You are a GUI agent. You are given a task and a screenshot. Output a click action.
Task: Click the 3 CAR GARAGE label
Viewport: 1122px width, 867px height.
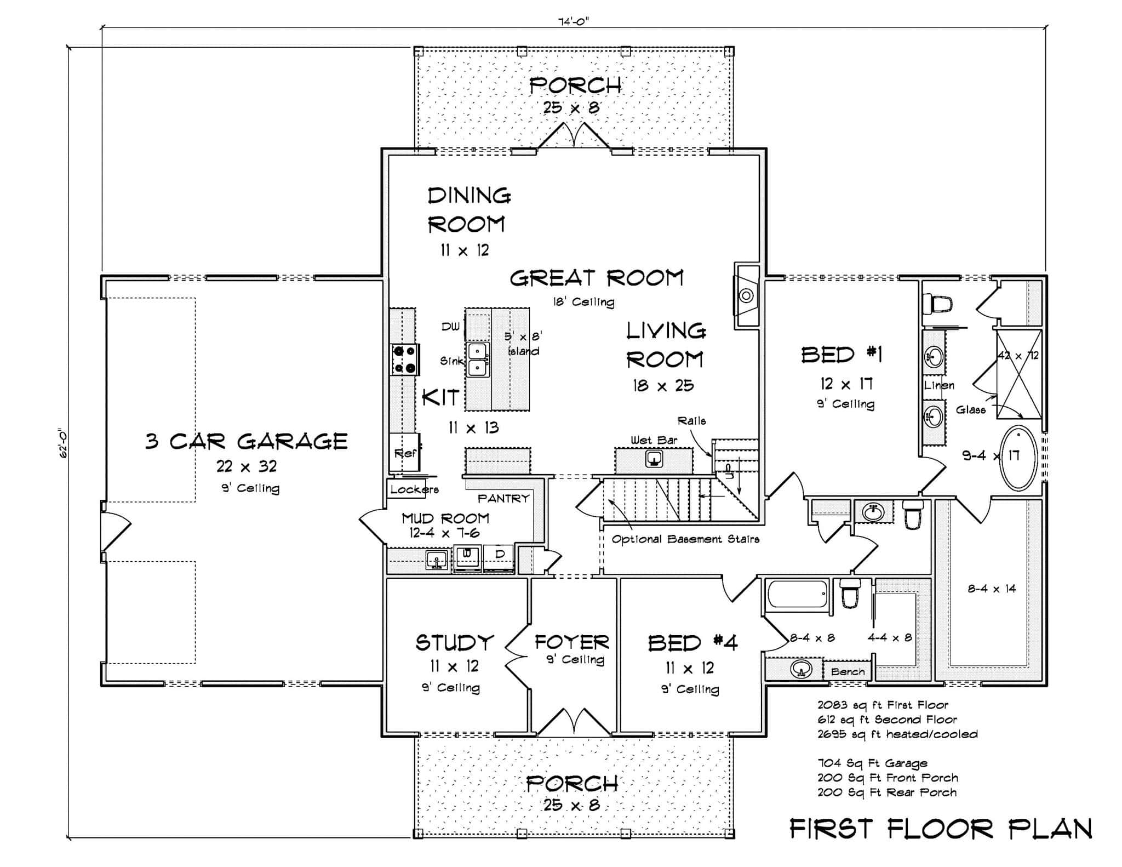[246, 441]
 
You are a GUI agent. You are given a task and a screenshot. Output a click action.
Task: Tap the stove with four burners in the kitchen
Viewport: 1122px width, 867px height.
[404, 360]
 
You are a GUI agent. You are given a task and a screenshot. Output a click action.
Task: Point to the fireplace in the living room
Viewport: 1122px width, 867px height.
[746, 296]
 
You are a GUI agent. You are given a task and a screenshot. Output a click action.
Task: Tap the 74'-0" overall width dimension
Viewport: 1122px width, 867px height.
[573, 21]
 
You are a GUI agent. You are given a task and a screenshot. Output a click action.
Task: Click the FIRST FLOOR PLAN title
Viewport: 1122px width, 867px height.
[940, 829]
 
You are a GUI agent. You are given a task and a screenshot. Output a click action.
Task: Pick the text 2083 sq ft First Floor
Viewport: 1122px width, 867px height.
[882, 705]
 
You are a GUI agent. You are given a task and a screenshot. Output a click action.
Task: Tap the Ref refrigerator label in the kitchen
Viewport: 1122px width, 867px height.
[405, 453]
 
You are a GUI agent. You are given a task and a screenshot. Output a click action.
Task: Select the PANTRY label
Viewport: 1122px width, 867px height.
[503, 498]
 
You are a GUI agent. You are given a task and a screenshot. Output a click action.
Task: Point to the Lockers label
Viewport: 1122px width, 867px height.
[414, 489]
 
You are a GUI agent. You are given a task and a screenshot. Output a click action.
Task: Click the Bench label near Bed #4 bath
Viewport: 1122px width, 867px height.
[847, 672]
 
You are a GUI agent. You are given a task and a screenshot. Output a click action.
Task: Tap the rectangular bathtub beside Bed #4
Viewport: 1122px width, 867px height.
[797, 594]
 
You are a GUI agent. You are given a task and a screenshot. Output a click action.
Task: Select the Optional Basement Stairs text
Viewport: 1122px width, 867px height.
[685, 539]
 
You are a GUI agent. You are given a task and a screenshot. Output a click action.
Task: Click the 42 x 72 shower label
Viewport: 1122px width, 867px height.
[1017, 355]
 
